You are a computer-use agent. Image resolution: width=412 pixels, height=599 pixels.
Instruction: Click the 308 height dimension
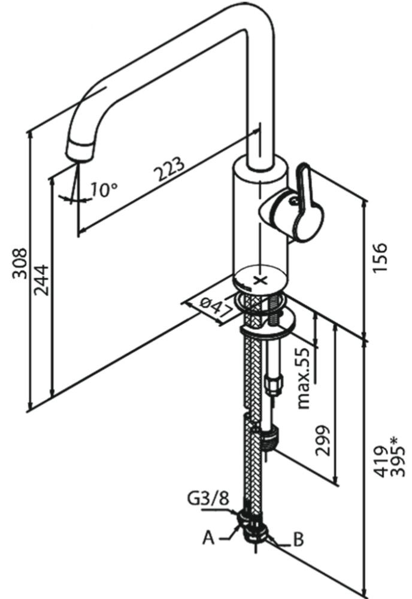(x=20, y=264)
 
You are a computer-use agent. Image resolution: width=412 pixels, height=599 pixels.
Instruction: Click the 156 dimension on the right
(x=380, y=257)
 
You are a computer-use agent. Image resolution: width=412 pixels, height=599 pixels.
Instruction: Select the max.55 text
(x=304, y=378)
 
